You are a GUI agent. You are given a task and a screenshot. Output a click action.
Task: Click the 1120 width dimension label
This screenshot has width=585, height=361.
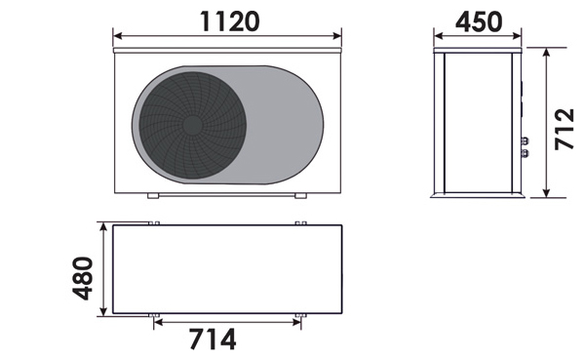[229, 21]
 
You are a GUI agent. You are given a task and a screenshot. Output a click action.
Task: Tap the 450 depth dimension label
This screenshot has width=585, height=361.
[479, 21]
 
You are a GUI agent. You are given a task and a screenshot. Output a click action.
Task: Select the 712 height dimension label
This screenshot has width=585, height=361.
[565, 129]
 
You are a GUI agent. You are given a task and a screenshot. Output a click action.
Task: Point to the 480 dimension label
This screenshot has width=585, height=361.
[83, 278]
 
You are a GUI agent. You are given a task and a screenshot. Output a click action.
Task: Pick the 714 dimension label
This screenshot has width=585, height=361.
[213, 339]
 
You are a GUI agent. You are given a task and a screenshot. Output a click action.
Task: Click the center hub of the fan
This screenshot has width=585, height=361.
[192, 126]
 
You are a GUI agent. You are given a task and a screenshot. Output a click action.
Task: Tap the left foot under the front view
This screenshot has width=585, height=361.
[153, 195]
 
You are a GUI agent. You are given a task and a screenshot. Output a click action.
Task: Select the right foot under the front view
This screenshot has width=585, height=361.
[300, 195]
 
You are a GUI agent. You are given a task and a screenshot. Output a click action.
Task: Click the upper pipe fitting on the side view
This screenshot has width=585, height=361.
[525, 140]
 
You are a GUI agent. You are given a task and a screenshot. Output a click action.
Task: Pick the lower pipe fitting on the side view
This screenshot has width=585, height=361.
[525, 152]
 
